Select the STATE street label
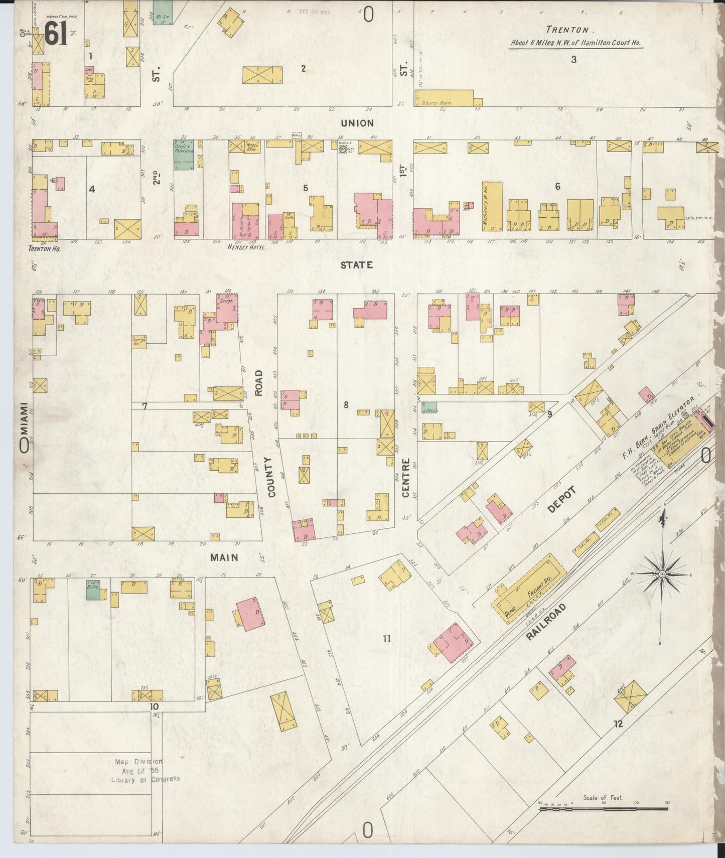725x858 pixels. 356,264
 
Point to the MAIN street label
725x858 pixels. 224,557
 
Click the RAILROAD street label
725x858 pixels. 546,622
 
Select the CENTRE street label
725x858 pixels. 405,478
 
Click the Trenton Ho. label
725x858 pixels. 45,248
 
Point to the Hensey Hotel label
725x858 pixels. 247,247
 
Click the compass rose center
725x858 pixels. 662,574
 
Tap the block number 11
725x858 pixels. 386,639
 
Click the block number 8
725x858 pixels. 346,404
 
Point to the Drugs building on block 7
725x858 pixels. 227,308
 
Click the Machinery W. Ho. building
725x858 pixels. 492,207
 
